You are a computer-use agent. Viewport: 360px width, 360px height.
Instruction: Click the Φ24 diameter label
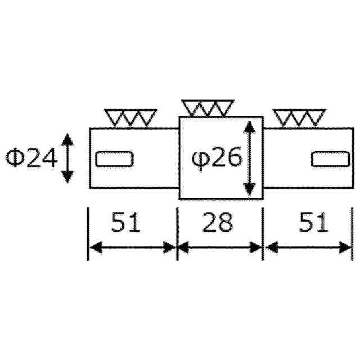31,159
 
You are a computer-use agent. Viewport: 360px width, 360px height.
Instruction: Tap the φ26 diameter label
217,159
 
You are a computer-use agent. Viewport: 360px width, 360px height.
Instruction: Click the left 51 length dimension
125,223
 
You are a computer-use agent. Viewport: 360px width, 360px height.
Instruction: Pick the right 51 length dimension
313,223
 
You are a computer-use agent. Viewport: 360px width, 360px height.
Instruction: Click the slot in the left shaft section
114,159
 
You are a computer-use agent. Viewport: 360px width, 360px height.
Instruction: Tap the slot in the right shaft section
330,159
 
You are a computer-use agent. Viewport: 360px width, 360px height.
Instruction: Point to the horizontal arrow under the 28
220,247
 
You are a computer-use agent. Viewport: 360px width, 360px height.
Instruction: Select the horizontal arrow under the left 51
133,247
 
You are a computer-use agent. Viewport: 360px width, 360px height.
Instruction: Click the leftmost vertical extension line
88,233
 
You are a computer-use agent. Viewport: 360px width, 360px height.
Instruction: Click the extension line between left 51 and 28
177,233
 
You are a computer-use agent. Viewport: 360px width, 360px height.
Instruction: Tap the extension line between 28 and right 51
263,233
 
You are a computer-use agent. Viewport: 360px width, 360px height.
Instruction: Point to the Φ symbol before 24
16,159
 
